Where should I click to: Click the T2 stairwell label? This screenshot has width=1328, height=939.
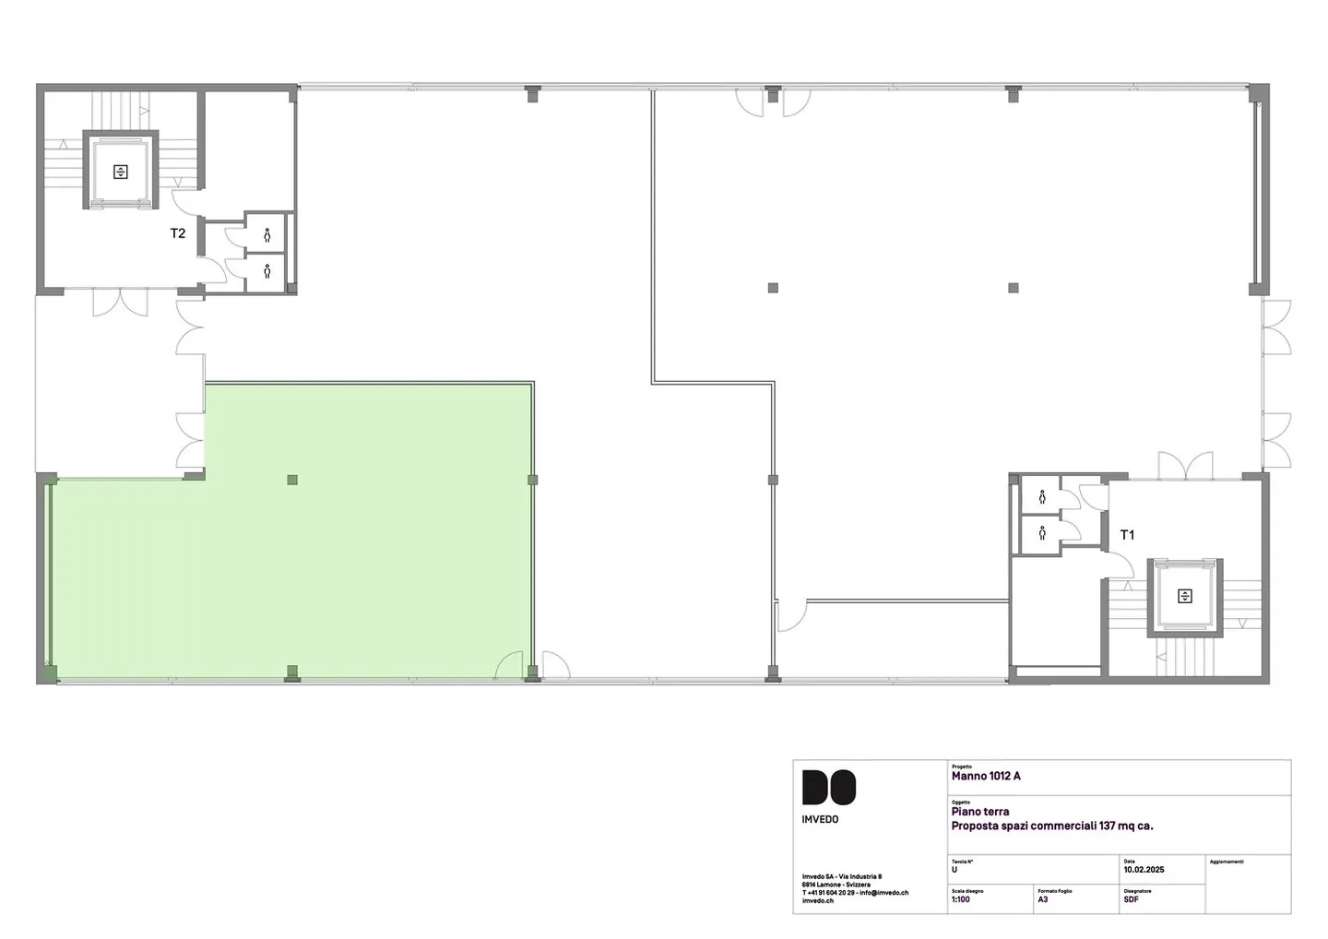point(178,233)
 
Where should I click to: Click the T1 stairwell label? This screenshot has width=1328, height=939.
point(1127,535)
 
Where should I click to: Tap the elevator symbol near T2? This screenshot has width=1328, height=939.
point(120,171)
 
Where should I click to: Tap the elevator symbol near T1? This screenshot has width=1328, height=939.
point(1184,597)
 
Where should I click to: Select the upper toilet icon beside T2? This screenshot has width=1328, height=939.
point(267,235)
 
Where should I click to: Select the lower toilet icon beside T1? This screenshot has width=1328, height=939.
point(1042,533)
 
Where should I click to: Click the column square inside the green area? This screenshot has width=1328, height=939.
point(292,480)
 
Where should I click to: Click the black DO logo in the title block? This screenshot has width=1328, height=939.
point(828,788)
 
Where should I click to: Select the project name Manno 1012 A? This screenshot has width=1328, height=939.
point(986,777)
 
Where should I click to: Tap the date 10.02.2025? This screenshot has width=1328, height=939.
point(1144,870)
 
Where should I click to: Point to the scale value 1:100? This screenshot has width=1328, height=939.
point(961,899)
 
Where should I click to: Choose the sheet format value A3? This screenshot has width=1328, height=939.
point(1043,899)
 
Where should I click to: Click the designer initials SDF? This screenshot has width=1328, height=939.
point(1132,899)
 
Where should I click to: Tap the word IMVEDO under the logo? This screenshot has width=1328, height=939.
point(821,819)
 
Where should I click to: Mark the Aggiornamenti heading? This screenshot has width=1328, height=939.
point(1227,862)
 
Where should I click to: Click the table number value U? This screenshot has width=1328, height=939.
point(954,870)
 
